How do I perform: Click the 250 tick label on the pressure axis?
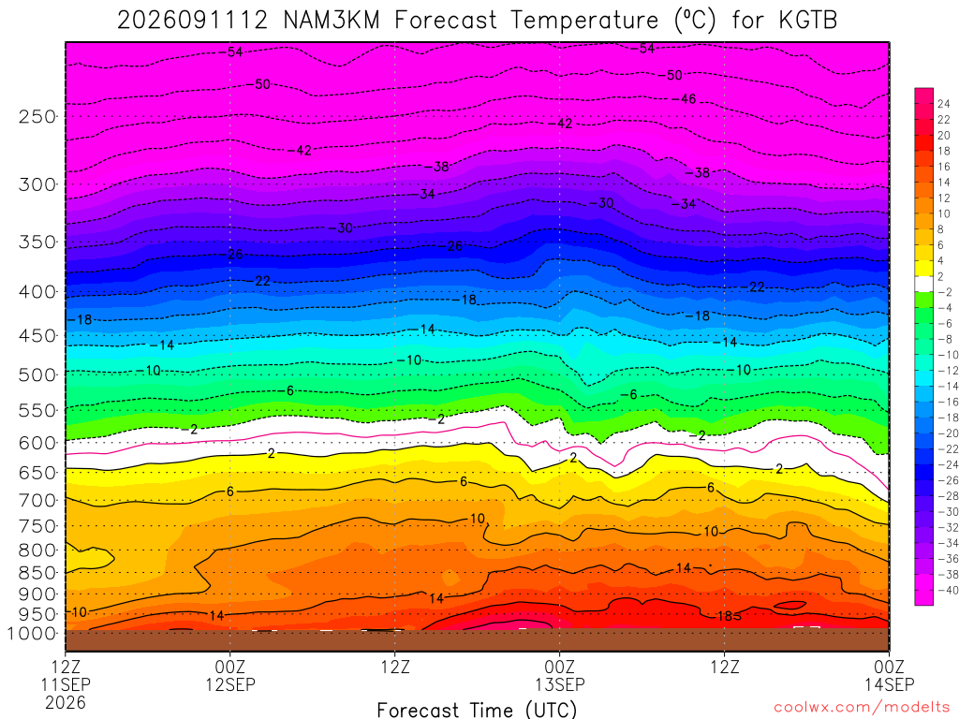click(x=37, y=116)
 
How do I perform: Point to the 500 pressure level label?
click(x=37, y=374)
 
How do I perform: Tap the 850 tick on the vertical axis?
click(x=37, y=573)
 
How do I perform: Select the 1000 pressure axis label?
click(x=32, y=634)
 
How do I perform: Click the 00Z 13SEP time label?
click(x=560, y=675)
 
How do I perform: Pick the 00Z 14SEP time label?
click(x=889, y=675)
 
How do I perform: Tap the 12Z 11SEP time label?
click(x=66, y=675)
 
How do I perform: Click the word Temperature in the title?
click(x=584, y=21)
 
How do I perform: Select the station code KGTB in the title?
click(x=808, y=21)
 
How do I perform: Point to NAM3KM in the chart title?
click(x=332, y=21)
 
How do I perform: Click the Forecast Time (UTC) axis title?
click(x=477, y=710)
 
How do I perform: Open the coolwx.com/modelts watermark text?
click(x=862, y=708)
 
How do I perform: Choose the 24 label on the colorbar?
click(x=944, y=104)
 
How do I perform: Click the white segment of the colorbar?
click(x=924, y=284)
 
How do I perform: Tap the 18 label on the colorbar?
click(x=944, y=151)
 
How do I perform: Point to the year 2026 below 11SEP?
click(x=66, y=702)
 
